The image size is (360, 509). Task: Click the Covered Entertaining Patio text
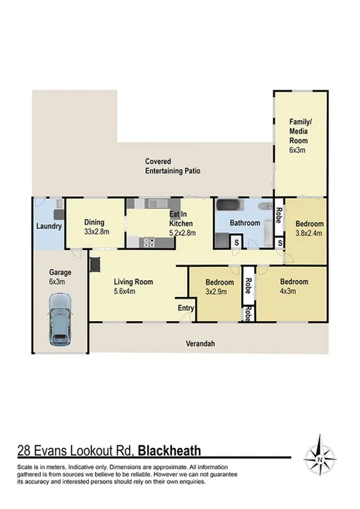click(173, 166)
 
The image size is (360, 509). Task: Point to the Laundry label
click(48, 227)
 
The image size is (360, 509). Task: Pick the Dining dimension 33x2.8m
click(98, 231)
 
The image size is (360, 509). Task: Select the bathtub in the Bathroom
click(230, 207)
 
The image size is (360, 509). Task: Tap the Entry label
click(185, 308)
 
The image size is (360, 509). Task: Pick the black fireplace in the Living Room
click(94, 265)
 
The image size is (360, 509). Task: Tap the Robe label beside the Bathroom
click(278, 212)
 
